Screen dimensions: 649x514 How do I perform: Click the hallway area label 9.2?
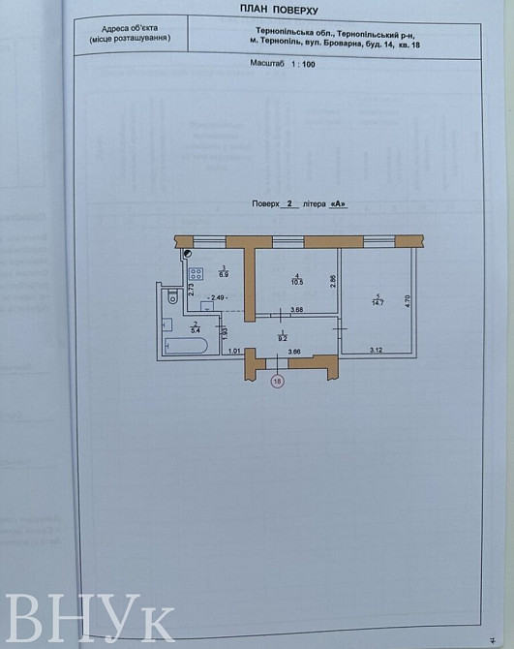tap(283, 337)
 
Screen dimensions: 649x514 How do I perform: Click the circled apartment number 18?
tap(278, 383)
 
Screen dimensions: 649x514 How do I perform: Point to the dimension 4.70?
tap(408, 301)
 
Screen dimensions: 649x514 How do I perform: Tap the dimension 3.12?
tap(377, 350)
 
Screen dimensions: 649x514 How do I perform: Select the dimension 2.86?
tap(332, 282)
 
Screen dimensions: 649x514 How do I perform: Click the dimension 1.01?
tap(233, 350)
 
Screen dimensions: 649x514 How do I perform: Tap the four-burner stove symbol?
tap(195, 274)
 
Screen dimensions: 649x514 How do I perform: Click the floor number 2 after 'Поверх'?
tap(288, 204)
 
